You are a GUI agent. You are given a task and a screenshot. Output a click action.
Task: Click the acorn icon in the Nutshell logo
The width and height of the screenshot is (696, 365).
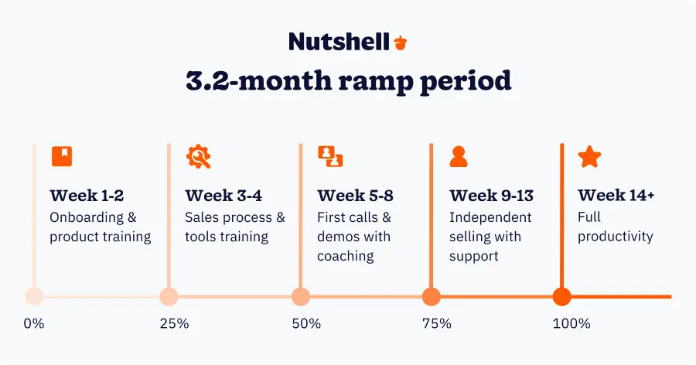pyautogui.click(x=400, y=42)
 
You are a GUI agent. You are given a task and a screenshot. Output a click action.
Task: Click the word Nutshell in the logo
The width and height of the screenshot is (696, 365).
pyautogui.click(x=339, y=42)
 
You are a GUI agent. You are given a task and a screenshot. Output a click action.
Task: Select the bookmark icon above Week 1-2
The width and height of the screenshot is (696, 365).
pyautogui.click(x=61, y=156)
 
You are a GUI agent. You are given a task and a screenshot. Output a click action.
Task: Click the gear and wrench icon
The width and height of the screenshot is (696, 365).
pyautogui.click(x=198, y=157)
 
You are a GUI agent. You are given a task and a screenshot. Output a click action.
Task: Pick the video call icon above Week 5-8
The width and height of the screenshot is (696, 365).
pyautogui.click(x=330, y=156)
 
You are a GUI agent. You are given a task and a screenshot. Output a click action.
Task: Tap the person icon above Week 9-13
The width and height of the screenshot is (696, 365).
pyautogui.click(x=459, y=156)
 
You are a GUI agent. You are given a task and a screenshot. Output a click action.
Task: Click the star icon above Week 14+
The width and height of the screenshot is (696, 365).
pyautogui.click(x=589, y=156)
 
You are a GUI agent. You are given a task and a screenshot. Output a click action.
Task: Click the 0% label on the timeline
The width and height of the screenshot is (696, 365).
pyautogui.click(x=34, y=323)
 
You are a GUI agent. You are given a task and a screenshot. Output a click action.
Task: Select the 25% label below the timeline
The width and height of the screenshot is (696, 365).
pyautogui.click(x=174, y=323)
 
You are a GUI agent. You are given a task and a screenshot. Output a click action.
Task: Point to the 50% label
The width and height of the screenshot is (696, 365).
pyautogui.click(x=306, y=323)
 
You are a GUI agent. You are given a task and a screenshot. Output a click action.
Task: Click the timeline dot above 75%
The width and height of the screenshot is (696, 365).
pyautogui.click(x=432, y=296)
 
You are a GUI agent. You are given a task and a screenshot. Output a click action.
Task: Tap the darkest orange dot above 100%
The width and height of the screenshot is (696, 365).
pyautogui.click(x=562, y=296)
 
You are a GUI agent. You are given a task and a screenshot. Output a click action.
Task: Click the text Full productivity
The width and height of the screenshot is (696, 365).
pyautogui.click(x=616, y=227)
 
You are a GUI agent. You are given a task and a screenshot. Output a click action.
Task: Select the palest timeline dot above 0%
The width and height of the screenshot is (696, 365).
pyautogui.click(x=34, y=296)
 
